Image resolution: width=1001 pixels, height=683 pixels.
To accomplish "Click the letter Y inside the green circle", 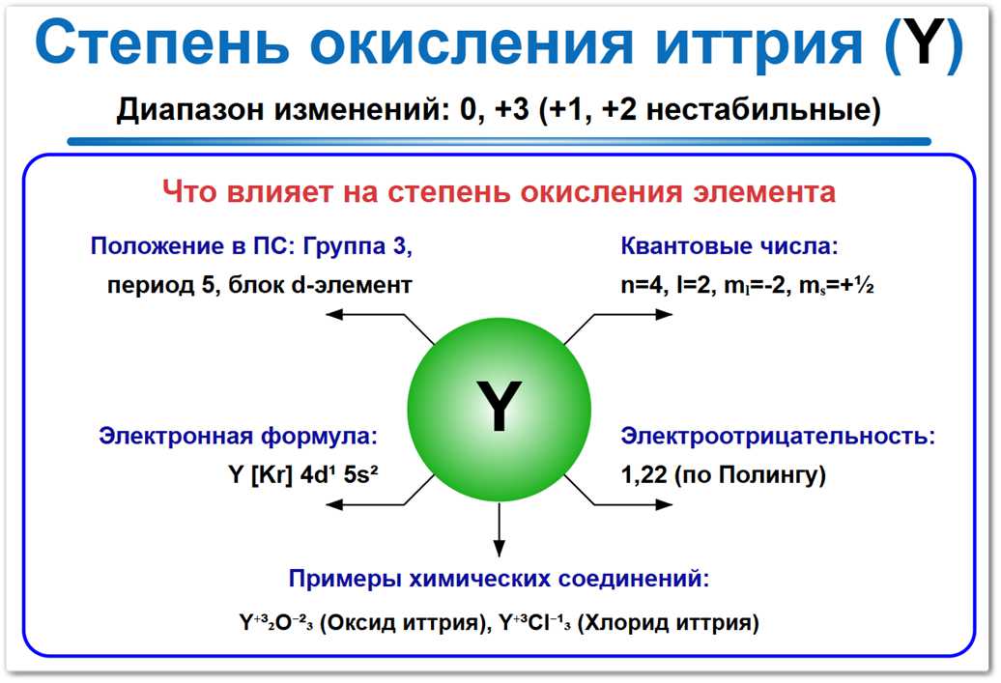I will pyautogui.click(x=499, y=406).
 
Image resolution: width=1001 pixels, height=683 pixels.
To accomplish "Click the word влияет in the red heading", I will pyautogui.click(x=281, y=191).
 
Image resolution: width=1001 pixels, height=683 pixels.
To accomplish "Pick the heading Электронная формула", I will pyautogui.click(x=237, y=436).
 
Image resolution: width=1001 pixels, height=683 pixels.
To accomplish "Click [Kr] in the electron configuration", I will pyautogui.click(x=272, y=475).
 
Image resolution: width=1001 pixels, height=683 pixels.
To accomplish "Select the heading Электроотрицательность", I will pyautogui.click(x=777, y=436).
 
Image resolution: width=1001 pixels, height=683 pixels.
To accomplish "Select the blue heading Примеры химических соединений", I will pyautogui.click(x=499, y=580).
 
